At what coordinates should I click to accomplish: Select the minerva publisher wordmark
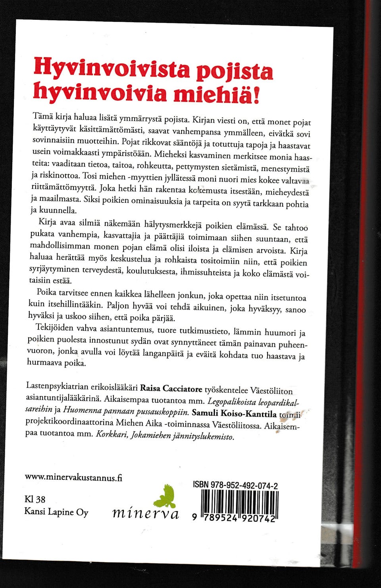146,513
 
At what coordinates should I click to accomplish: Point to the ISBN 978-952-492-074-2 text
235,485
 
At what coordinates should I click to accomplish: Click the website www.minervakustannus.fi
73,477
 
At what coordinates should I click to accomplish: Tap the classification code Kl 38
35,499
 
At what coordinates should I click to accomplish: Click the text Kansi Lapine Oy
56,512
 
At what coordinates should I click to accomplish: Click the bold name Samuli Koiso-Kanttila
234,413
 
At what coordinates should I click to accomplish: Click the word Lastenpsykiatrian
53,385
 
